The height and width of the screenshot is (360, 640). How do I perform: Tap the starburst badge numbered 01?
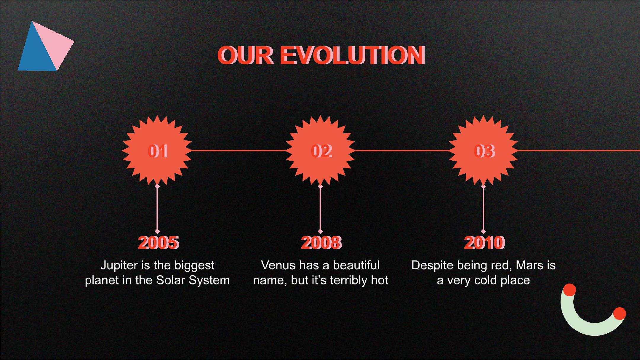click(157, 151)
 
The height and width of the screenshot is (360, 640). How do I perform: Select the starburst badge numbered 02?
click(320, 151)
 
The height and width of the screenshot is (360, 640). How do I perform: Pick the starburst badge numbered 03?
click(483, 151)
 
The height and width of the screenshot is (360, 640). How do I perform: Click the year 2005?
click(159, 243)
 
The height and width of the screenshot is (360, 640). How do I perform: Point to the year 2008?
click(321, 243)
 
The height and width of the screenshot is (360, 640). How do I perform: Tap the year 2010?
click(484, 243)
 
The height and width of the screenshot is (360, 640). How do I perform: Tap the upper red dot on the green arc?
click(569, 290)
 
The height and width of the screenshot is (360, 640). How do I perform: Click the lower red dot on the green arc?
click(619, 314)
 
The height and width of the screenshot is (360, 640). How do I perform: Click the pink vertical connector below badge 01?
click(157, 209)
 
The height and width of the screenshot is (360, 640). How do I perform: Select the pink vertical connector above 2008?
click(320, 209)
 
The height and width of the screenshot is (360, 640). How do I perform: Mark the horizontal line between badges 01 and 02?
click(239, 151)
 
